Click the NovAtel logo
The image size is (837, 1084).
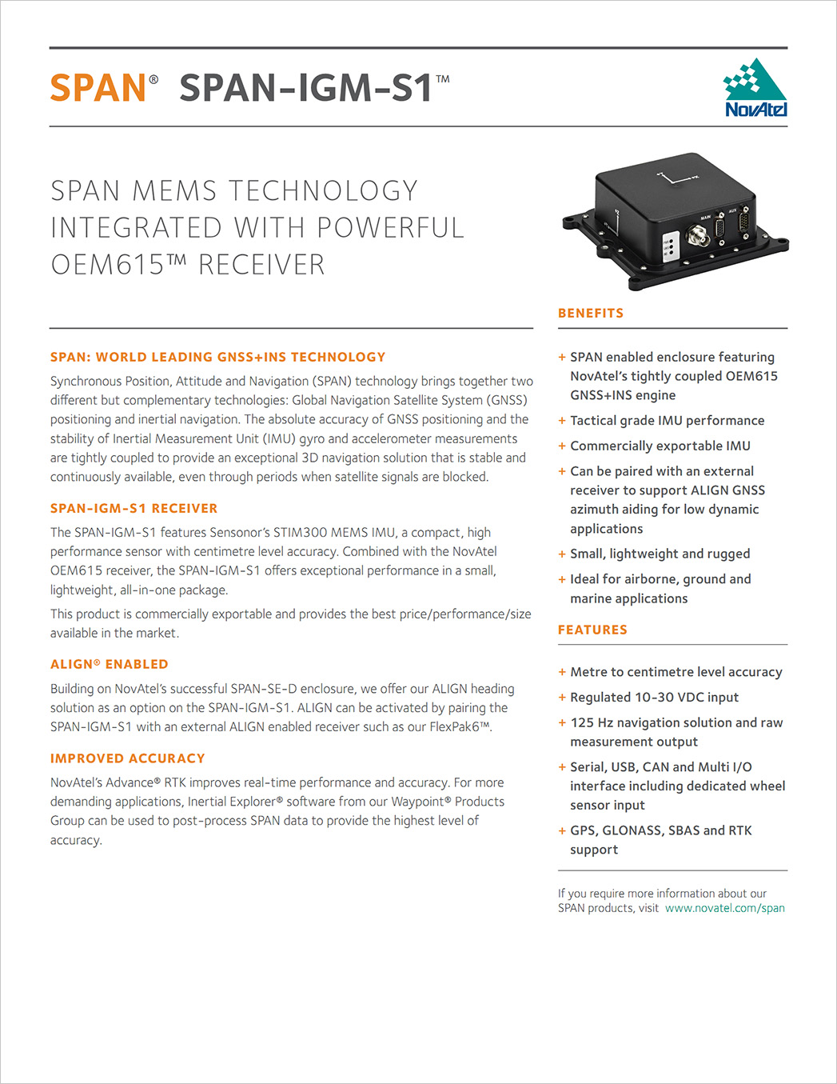755,88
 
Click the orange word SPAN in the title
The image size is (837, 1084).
98,88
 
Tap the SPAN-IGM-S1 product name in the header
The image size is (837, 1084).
305,88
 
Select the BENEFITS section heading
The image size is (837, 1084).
591,314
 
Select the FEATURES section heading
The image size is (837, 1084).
592,630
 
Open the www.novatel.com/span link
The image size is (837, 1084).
724,909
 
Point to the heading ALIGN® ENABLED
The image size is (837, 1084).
109,665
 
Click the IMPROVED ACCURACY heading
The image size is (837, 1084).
127,758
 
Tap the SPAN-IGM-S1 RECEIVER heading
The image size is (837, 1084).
134,509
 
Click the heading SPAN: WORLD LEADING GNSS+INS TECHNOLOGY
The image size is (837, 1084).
217,358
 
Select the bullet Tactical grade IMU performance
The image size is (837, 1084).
667,421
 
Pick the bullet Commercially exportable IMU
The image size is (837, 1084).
660,446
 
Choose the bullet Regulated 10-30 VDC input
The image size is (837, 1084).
654,698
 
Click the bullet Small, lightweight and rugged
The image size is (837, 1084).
660,554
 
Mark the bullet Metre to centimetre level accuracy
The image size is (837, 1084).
676,673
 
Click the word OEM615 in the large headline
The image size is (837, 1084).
107,265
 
